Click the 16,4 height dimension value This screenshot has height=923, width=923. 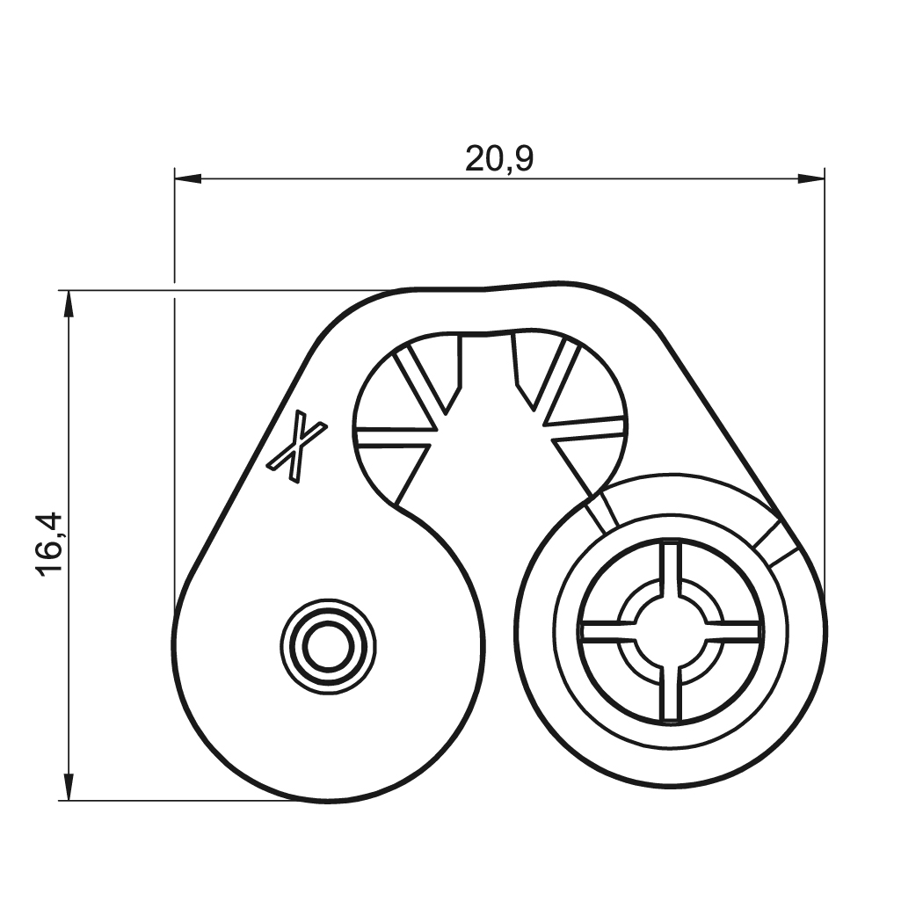(x=49, y=545)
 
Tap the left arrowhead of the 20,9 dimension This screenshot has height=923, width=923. (x=188, y=178)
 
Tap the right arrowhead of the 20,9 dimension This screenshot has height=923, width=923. (x=810, y=178)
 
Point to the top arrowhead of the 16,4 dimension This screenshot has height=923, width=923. (x=69, y=304)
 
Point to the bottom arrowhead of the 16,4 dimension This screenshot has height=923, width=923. (x=69, y=787)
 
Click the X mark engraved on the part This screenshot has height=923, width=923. (x=297, y=448)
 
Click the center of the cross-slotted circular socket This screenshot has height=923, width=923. (x=670, y=630)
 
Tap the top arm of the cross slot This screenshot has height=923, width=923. (x=671, y=569)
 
